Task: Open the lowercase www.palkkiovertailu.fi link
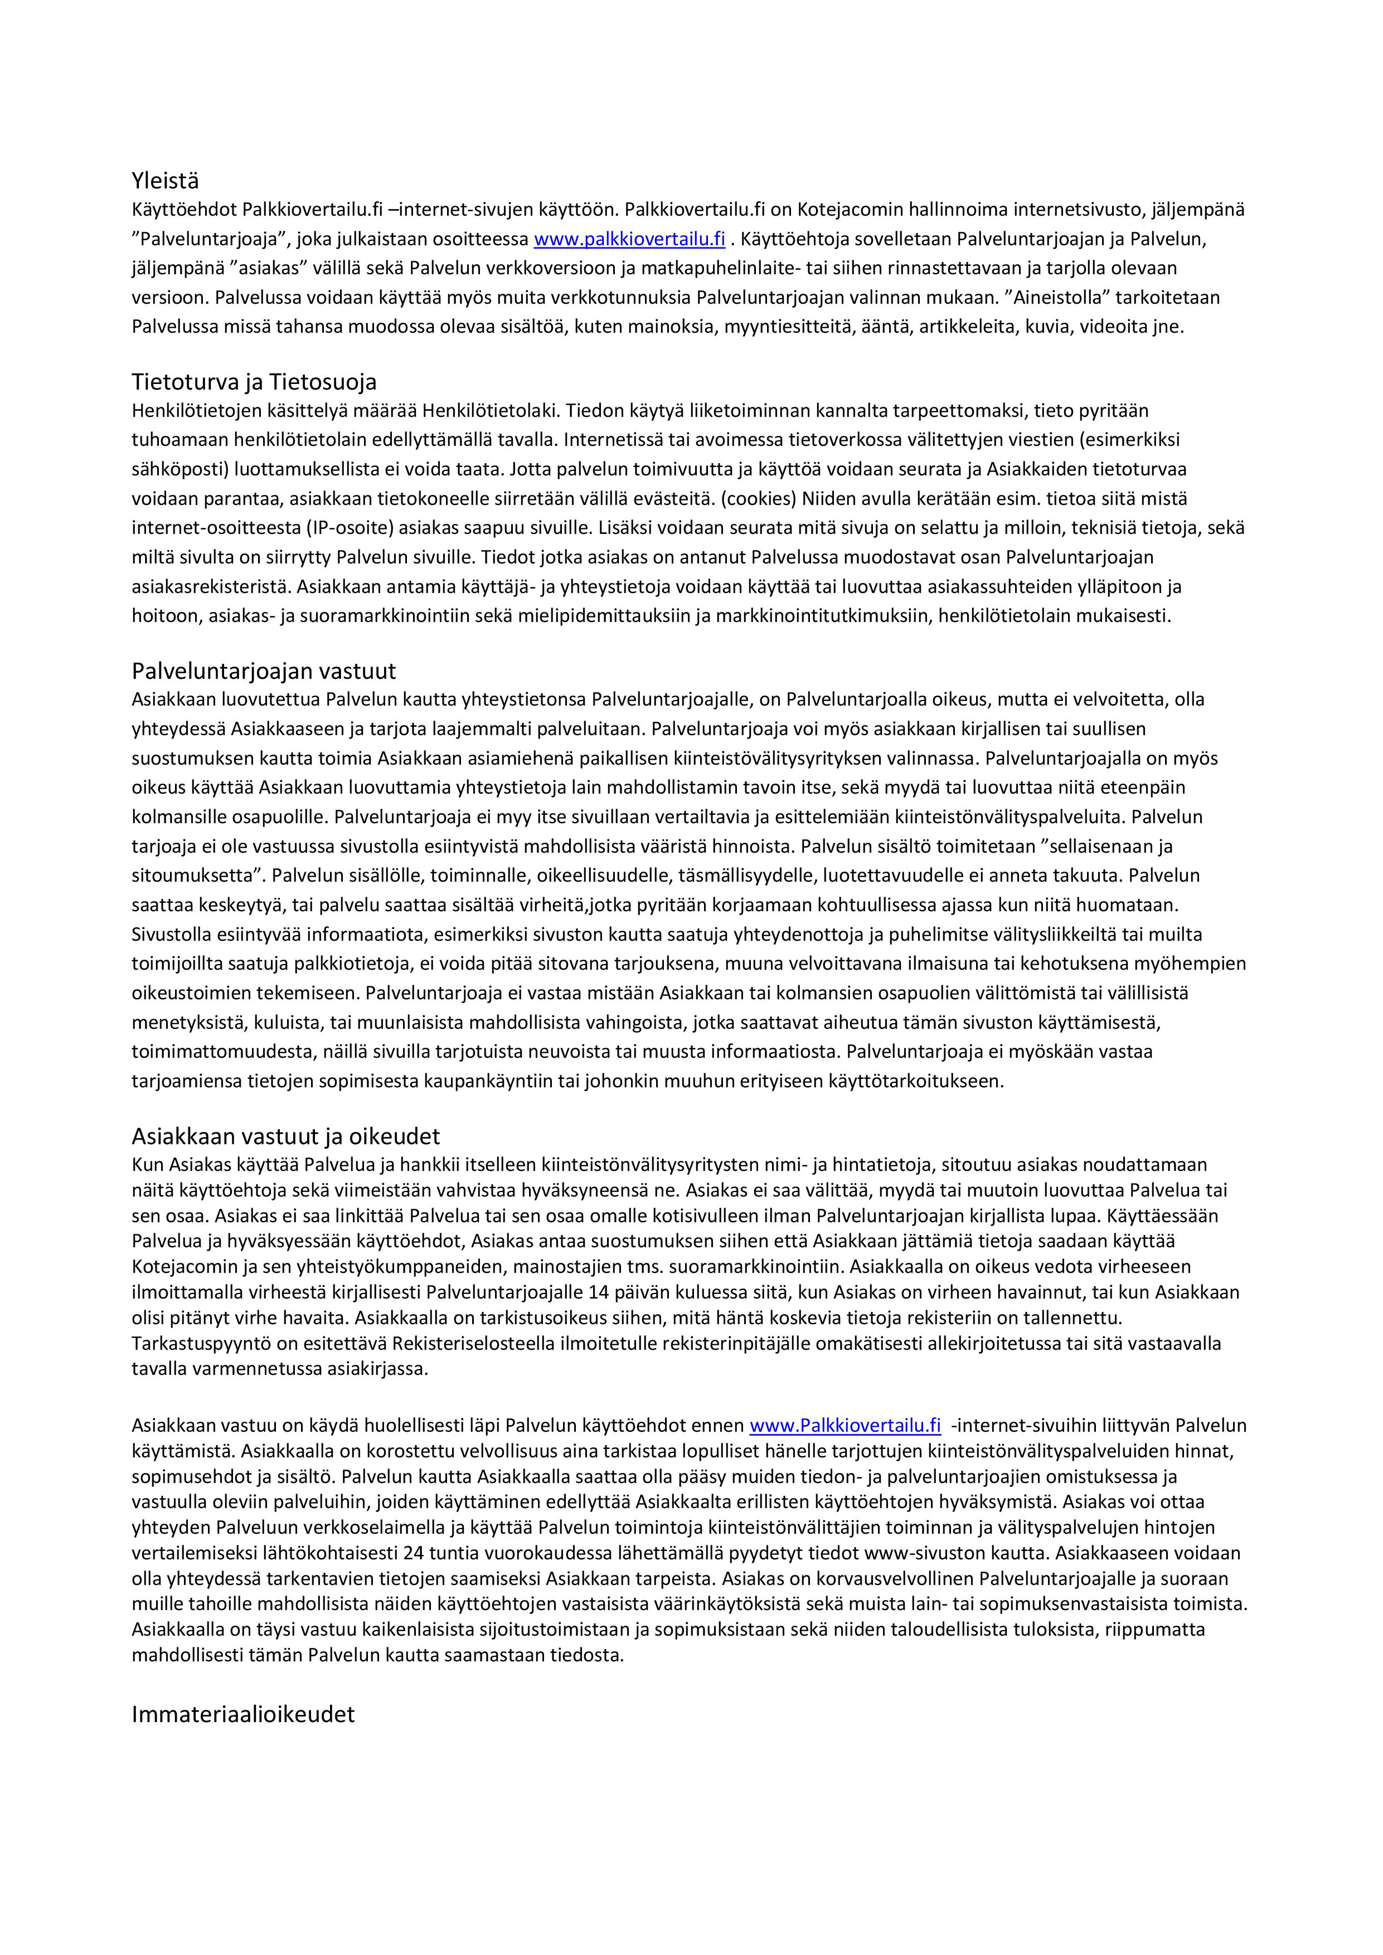click(629, 239)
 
